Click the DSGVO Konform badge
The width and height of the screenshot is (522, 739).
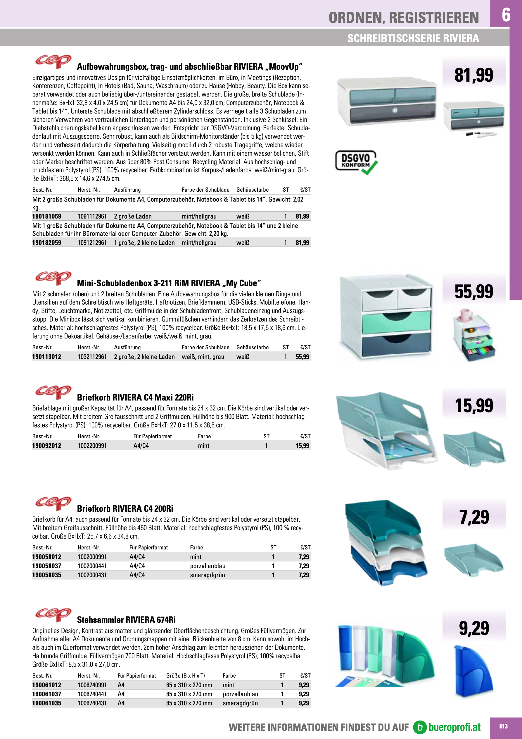356,162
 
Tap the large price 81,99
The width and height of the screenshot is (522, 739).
473,75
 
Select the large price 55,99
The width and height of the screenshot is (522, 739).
473,291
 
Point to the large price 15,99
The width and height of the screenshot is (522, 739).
473,405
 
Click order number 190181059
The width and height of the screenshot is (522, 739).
47,216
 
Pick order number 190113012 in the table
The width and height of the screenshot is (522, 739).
47,357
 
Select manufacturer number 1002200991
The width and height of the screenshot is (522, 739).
92,446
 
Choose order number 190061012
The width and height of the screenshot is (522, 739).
47,685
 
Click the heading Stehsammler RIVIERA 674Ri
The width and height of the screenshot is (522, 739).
126,620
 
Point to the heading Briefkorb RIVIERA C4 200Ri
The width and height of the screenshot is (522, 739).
125,508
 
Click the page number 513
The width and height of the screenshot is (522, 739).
503,726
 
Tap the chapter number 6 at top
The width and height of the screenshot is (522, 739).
506,15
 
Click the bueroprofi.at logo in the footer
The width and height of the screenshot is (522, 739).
447,727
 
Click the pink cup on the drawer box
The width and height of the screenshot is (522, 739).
466,315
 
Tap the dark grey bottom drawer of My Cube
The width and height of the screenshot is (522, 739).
396,346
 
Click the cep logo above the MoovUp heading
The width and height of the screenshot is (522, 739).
53,61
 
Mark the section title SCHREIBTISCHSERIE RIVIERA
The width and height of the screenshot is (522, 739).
413,38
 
